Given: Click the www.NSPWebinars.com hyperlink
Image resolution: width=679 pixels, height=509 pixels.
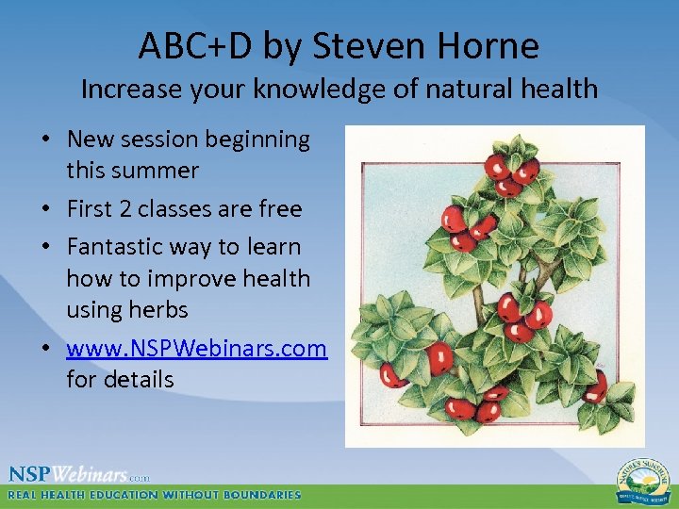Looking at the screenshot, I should tap(196, 349).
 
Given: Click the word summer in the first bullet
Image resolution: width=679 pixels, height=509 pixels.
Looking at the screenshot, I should tap(156, 171).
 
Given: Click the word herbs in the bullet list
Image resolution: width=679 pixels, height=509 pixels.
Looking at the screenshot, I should tap(158, 310).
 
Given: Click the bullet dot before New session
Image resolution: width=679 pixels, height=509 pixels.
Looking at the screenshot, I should tap(45, 140).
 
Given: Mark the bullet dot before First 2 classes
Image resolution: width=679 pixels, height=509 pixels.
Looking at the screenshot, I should tap(45, 209).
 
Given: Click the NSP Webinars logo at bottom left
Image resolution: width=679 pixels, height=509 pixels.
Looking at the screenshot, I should tap(79, 474).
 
